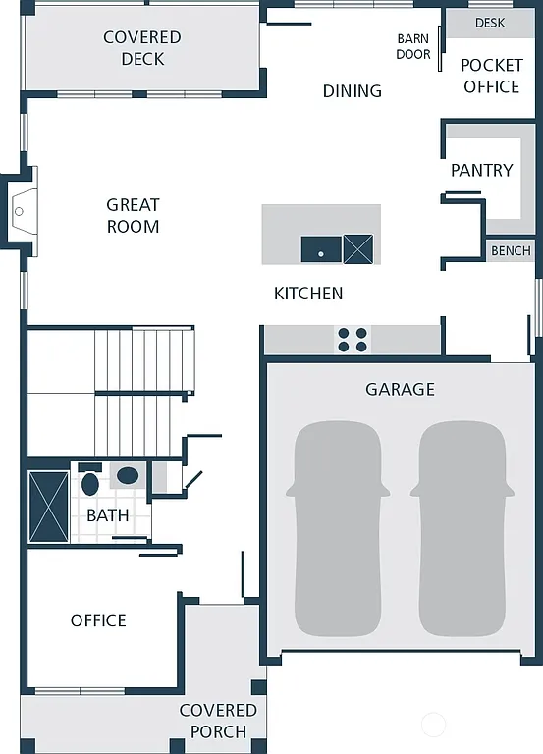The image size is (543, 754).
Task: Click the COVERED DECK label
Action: (142, 48)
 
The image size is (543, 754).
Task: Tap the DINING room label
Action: (352, 91)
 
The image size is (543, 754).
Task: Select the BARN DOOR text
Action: (413, 47)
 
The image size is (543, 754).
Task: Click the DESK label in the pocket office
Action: (490, 23)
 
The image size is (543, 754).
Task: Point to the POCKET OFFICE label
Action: (490, 77)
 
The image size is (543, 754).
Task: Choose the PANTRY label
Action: (481, 170)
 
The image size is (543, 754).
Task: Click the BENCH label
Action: (511, 251)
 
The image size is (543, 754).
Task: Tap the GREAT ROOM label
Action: (133, 215)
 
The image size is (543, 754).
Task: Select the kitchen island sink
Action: (321, 249)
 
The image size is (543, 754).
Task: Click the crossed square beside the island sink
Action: (358, 249)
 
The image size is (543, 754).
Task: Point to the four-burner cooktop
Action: (353, 340)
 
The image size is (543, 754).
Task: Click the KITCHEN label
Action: (308, 294)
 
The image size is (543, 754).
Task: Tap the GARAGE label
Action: (400, 390)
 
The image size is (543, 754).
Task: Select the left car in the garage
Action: (337, 528)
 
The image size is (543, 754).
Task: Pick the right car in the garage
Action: (462, 528)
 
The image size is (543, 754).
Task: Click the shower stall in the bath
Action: (49, 506)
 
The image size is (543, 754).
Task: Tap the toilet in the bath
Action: (90, 482)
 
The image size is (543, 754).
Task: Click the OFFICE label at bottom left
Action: (98, 620)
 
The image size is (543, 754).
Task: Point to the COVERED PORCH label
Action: (218, 720)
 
